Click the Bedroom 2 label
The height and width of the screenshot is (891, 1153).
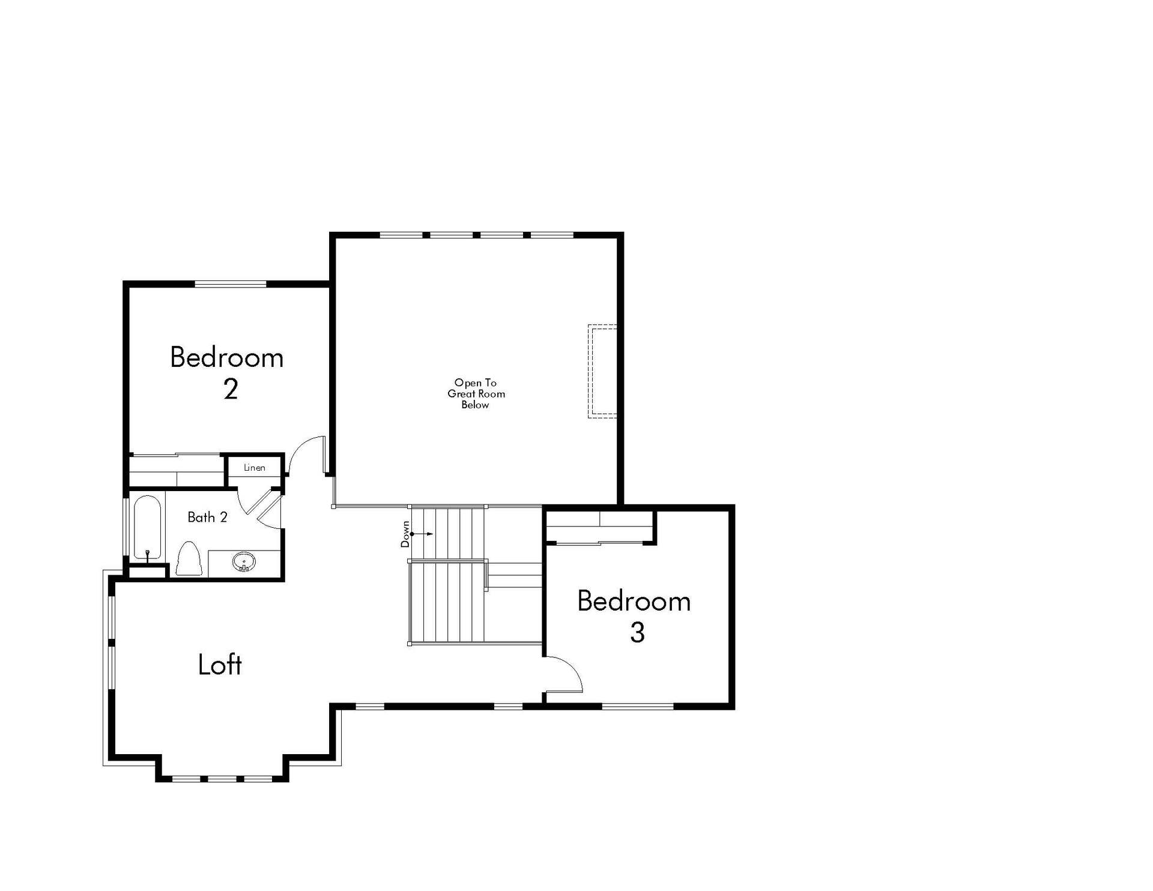tap(227, 372)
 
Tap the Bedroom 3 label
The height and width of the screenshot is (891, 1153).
tap(634, 616)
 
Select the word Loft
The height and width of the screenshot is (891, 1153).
tap(220, 665)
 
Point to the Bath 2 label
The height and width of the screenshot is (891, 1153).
tap(207, 517)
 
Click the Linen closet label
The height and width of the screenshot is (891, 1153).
tap(255, 468)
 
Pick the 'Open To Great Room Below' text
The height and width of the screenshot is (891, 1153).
tap(476, 393)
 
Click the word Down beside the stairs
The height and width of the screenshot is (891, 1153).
tap(405, 534)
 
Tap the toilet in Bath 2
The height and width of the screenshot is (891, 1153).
tap(189, 559)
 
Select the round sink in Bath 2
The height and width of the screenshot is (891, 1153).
tap(244, 563)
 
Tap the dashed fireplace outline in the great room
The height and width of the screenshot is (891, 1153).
tap(602, 371)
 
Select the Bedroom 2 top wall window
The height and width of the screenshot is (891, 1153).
tap(231, 283)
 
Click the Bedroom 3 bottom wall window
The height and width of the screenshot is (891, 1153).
tap(638, 706)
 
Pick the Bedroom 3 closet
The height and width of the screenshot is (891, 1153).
tap(599, 527)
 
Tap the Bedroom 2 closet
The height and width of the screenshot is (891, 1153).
tap(177, 471)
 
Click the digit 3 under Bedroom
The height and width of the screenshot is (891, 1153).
tap(637, 633)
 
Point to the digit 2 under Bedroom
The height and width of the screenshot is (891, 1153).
tap(231, 389)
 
